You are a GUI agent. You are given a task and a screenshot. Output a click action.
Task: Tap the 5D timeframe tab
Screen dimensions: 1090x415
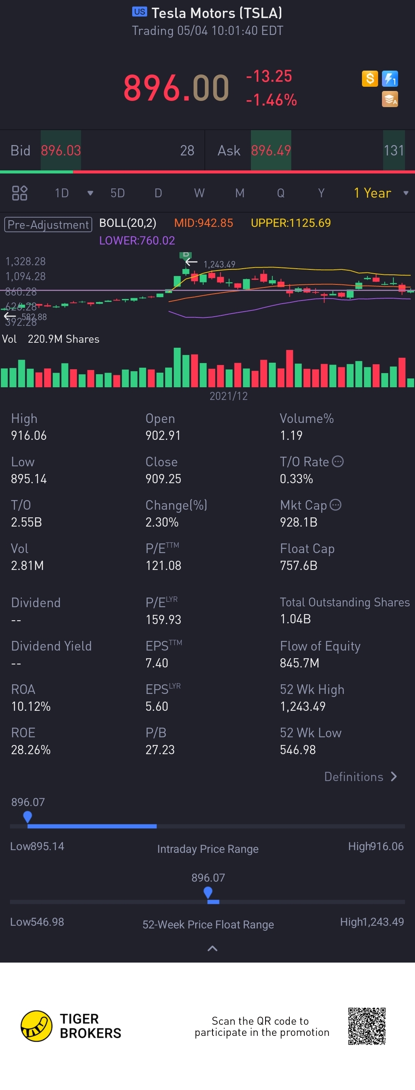pyautogui.click(x=117, y=193)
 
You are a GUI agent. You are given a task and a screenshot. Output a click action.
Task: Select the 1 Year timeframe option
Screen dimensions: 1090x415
pyautogui.click(x=373, y=193)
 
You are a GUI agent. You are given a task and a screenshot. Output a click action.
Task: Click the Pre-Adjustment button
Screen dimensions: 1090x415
pyautogui.click(x=48, y=224)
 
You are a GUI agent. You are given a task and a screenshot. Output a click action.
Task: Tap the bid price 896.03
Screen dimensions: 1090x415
pyautogui.click(x=61, y=150)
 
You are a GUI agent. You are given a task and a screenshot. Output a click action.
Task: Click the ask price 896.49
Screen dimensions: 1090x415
pyautogui.click(x=271, y=150)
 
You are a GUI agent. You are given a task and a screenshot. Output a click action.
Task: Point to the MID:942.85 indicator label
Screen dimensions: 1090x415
pyautogui.click(x=203, y=223)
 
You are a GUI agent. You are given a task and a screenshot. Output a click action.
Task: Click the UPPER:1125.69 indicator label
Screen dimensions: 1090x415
pyautogui.click(x=290, y=223)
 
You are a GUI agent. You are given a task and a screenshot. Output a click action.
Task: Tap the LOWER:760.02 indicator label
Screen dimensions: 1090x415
pyautogui.click(x=137, y=240)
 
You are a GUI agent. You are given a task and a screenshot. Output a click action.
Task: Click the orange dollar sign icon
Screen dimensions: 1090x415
pyautogui.click(x=370, y=78)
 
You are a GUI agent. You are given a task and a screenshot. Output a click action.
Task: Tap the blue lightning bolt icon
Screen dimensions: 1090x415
pyautogui.click(x=390, y=78)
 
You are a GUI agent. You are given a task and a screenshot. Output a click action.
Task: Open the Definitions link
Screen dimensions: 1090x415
pyautogui.click(x=360, y=776)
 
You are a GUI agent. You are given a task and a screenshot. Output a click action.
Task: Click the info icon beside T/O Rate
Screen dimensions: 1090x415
pyautogui.click(x=337, y=461)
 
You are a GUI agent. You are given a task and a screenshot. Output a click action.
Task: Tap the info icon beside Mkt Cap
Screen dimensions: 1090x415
pyautogui.click(x=335, y=505)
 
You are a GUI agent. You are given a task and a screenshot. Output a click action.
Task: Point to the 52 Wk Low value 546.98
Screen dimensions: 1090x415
pyautogui.click(x=298, y=750)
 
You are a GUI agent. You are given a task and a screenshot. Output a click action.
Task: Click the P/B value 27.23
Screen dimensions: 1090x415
pyautogui.click(x=160, y=750)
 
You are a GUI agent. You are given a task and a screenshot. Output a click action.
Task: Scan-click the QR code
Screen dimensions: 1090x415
pyautogui.click(x=367, y=1026)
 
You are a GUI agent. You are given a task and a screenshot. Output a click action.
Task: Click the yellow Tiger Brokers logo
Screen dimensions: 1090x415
pyautogui.click(x=37, y=1026)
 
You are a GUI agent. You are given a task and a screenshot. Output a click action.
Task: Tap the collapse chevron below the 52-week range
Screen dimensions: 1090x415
pyautogui.click(x=212, y=948)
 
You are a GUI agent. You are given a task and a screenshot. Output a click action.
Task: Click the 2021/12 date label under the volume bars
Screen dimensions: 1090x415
pyautogui.click(x=229, y=396)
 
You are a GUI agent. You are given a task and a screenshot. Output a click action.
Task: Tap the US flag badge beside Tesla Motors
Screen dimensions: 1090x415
pyautogui.click(x=139, y=12)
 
